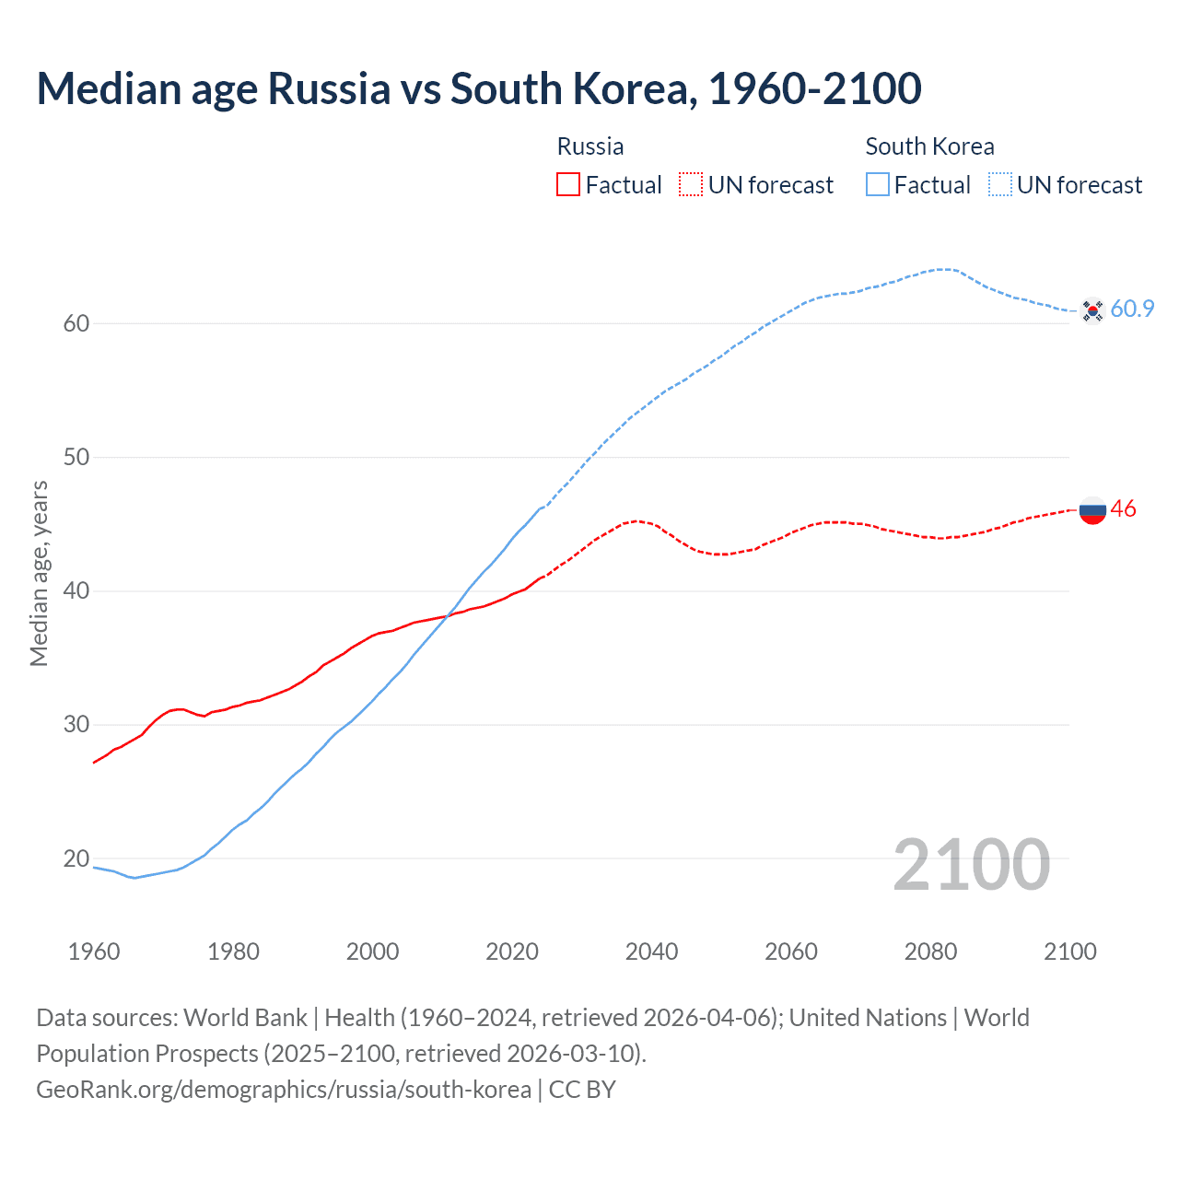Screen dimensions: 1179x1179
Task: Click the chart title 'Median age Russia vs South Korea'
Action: pyautogui.click(x=478, y=89)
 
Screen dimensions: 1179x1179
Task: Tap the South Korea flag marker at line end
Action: pyautogui.click(x=1092, y=310)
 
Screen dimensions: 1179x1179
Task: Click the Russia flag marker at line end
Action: pyautogui.click(x=1092, y=509)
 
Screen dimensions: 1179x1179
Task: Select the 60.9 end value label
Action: pyautogui.click(x=1132, y=309)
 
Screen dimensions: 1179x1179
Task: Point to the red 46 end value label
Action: pyautogui.click(x=1124, y=509)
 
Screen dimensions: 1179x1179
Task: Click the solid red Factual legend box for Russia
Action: pyautogui.click(x=568, y=185)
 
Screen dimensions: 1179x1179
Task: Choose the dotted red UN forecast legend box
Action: pyautogui.click(x=691, y=185)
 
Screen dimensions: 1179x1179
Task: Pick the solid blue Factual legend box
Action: pyautogui.click(x=878, y=185)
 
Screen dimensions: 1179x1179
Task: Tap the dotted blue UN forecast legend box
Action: pyautogui.click(x=1000, y=185)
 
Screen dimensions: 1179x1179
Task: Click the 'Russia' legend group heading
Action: pyautogui.click(x=590, y=146)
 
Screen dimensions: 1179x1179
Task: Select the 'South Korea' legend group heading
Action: pyautogui.click(x=929, y=146)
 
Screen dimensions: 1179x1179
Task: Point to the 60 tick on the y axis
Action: pyautogui.click(x=76, y=323)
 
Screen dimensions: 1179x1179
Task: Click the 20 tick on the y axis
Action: pyautogui.click(x=76, y=858)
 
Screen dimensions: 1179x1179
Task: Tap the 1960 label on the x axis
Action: pyautogui.click(x=94, y=951)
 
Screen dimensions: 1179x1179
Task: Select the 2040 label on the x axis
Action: pyautogui.click(x=651, y=951)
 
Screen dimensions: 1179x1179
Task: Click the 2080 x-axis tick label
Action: pyautogui.click(x=930, y=951)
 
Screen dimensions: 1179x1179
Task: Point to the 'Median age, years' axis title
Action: pyautogui.click(x=39, y=573)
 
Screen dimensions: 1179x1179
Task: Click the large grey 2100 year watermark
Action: pyautogui.click(x=971, y=865)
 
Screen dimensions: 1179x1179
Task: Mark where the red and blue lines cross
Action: pyautogui.click(x=447, y=616)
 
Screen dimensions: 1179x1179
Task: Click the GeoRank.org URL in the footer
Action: pyautogui.click(x=284, y=1090)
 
